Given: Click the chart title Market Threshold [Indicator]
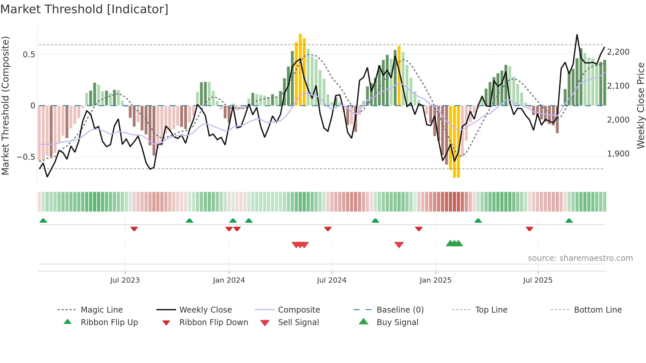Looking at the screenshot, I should [84, 9].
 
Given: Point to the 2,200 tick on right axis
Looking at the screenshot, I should [618, 52].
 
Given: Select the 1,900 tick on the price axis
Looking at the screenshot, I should [618, 154].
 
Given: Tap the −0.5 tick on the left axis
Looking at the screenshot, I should [26, 157].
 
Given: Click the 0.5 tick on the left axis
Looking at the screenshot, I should [29, 55].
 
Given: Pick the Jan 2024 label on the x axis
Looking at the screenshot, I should [229, 280].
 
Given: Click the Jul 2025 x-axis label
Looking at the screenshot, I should [538, 280].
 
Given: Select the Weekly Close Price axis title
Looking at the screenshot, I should [640, 105].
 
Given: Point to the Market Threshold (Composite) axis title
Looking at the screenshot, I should [6, 105].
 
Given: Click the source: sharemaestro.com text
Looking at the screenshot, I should [580, 258].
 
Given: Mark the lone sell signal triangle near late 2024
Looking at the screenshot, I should [399, 245].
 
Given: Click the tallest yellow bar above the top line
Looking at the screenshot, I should [300, 69].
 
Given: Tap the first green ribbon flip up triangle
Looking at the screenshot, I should [43, 221].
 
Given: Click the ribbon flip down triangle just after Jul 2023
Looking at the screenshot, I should [134, 229].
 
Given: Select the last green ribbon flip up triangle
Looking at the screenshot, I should [569, 221].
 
